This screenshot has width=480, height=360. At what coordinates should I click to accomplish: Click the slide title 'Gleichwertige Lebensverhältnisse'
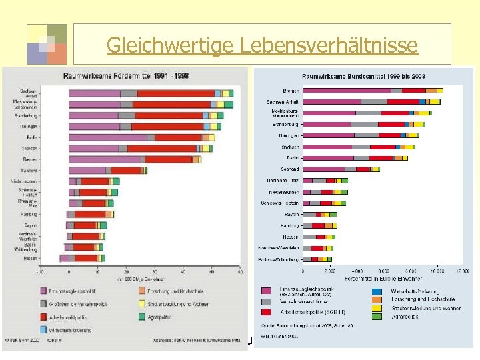click(x=261, y=45)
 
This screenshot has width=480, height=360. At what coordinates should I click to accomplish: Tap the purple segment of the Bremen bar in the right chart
click(x=347, y=90)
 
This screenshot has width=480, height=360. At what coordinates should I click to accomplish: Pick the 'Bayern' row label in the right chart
click(x=291, y=214)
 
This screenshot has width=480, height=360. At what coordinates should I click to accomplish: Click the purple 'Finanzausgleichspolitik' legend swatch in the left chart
click(x=43, y=291)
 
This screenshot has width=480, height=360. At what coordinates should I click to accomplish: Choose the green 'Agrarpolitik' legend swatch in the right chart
click(x=377, y=317)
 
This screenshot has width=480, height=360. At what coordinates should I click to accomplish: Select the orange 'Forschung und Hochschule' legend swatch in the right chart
click(x=377, y=299)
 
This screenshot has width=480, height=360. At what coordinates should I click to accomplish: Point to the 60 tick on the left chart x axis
click(x=239, y=271)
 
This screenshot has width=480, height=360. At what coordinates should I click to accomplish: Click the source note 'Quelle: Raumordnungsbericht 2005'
click(x=307, y=325)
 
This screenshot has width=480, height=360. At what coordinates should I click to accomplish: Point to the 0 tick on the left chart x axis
click(x=69, y=271)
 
